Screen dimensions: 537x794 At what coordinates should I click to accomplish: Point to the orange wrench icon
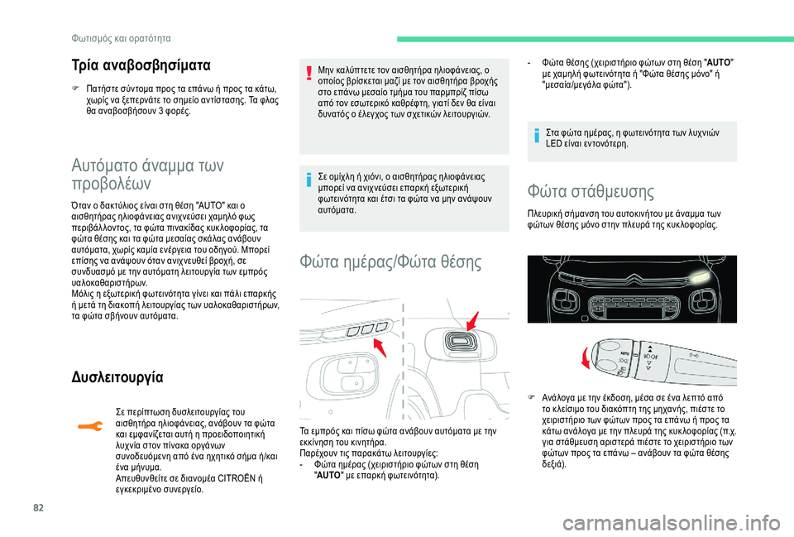click(x=84, y=425)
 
